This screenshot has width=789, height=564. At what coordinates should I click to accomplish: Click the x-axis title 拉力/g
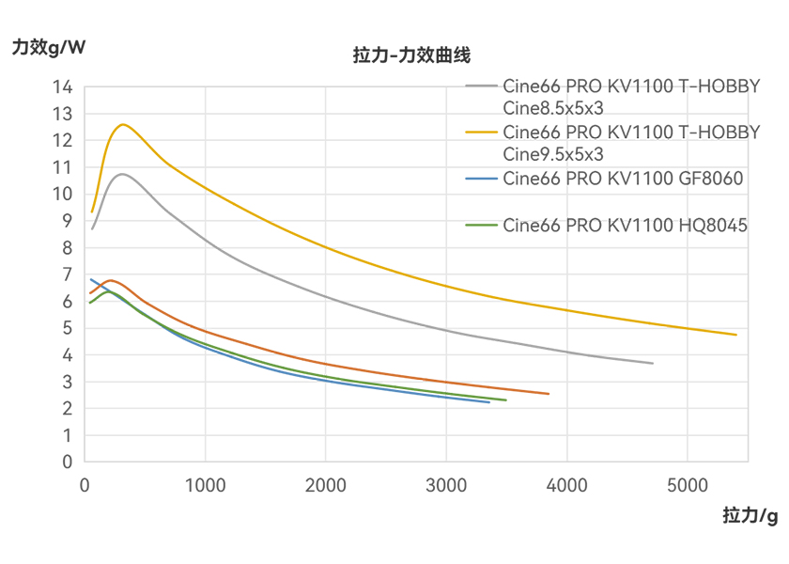pyautogui.click(x=750, y=515)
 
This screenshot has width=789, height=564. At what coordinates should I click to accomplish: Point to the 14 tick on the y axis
pyautogui.click(x=62, y=86)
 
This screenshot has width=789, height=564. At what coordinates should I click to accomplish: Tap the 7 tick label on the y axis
pyautogui.click(x=67, y=274)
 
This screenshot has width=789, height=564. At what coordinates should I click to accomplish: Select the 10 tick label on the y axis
pyautogui.click(x=62, y=194)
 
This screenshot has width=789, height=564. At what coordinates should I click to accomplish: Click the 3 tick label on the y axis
pyautogui.click(x=67, y=382)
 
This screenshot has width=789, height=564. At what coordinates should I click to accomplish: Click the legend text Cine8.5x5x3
pyautogui.click(x=553, y=108)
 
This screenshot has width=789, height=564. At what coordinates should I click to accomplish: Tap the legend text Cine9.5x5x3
pyautogui.click(x=553, y=153)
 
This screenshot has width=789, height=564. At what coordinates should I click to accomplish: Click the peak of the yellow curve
pyautogui.click(x=122, y=124)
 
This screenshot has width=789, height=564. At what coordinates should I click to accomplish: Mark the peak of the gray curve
pyautogui.click(x=121, y=174)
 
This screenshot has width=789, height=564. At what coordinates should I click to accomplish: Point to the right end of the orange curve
pyautogui.click(x=549, y=394)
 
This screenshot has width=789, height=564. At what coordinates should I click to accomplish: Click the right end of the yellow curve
pyautogui.click(x=735, y=335)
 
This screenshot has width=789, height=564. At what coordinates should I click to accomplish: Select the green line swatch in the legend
pyautogui.click(x=482, y=225)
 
